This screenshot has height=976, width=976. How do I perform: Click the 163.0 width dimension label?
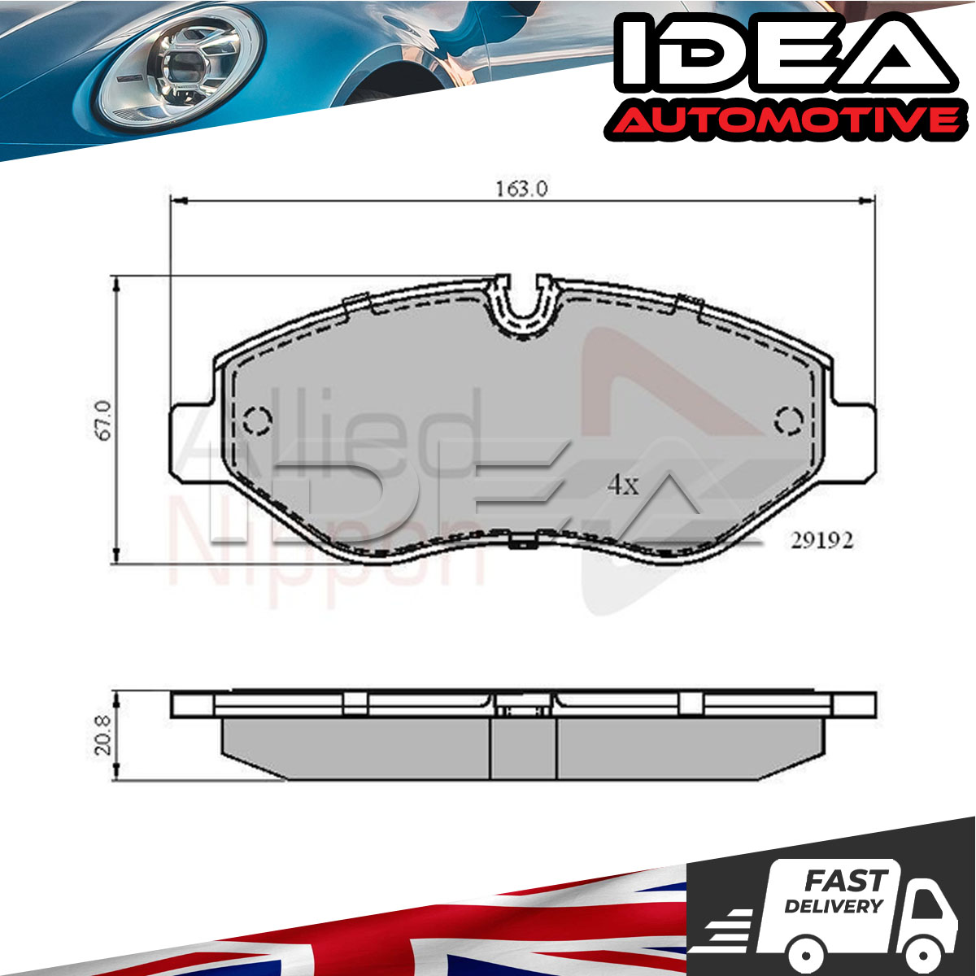click(521, 189)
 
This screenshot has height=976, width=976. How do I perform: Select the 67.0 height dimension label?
click(104, 420)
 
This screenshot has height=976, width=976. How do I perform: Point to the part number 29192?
click(821, 540)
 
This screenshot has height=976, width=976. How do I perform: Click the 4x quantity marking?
click(622, 486)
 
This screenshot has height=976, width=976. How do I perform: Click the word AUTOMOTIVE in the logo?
click(782, 120)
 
